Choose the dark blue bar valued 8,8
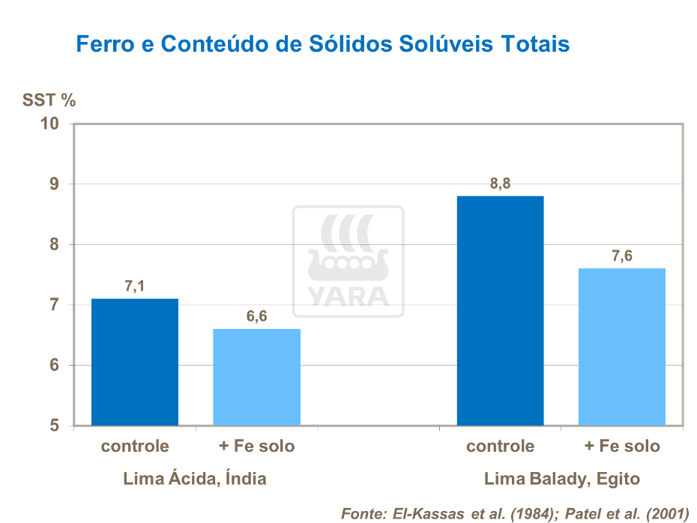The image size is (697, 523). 500,311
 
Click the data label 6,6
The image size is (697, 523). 257,316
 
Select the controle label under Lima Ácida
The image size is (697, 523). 135,447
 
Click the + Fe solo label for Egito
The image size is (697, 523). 622,447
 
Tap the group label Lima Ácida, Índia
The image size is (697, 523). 195,478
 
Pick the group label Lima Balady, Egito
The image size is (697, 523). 561,478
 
